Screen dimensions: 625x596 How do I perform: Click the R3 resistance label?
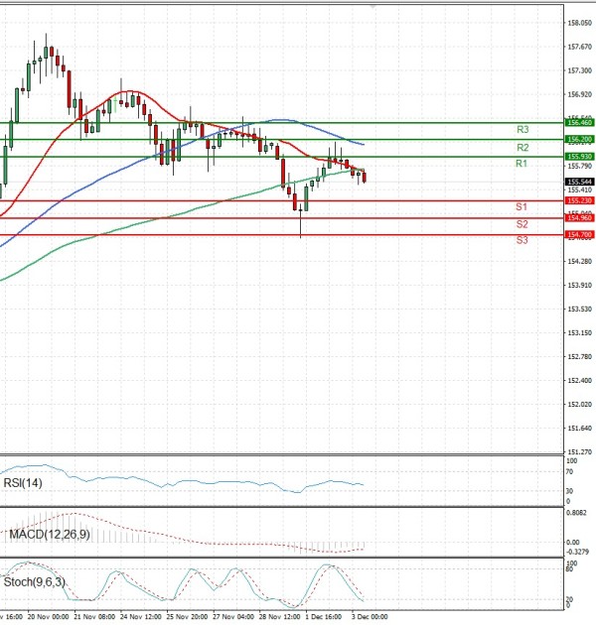[521, 130]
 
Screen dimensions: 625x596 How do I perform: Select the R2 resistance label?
[521, 147]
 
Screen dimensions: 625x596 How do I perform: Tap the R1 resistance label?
[521, 163]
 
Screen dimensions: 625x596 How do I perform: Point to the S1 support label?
[521, 206]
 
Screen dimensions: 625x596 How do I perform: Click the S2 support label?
[521, 224]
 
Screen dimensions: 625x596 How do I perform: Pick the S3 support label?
[521, 240]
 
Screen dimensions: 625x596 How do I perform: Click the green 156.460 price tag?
[578, 122]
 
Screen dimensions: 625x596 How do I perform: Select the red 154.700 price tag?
[578, 234]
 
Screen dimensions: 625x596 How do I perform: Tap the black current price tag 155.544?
[578, 182]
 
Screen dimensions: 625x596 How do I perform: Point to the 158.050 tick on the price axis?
[578, 23]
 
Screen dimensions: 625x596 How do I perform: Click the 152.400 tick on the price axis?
[578, 379]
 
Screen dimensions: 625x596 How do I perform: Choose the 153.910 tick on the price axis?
[578, 285]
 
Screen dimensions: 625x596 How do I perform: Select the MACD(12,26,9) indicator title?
[48, 534]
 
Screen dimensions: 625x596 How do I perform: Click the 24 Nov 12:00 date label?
[140, 616]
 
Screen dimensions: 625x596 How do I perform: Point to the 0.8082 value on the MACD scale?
[576, 513]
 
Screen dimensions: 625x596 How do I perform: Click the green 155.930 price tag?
[578, 157]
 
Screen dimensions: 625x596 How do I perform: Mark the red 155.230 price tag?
[578, 200]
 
